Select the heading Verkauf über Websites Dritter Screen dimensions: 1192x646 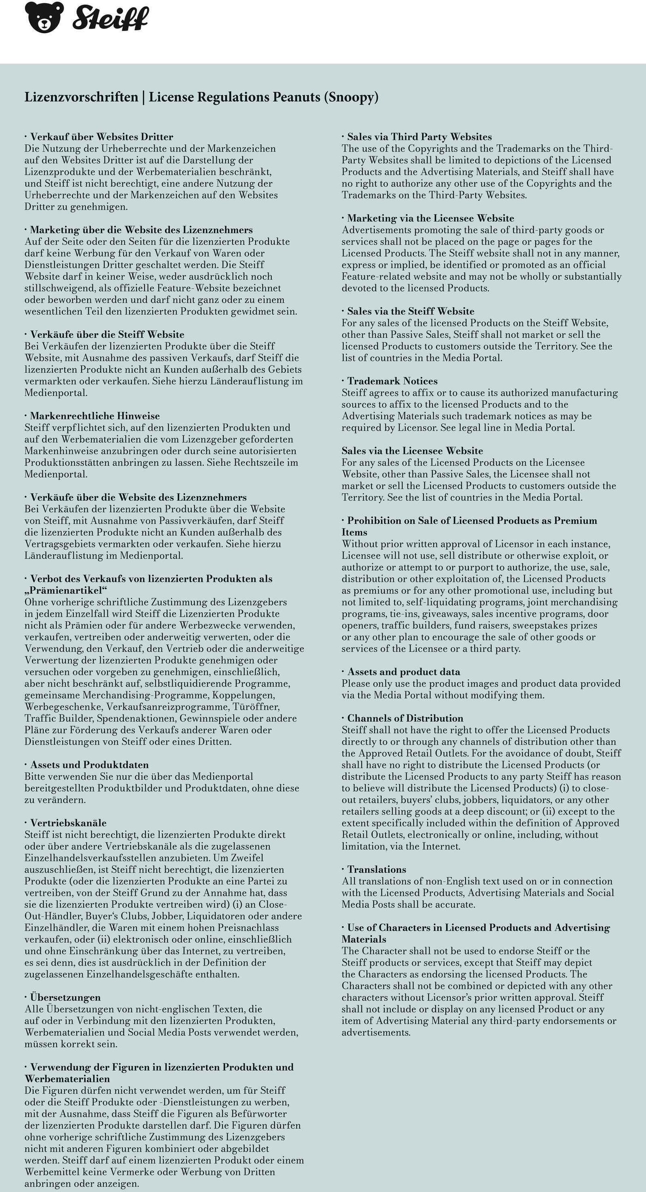pyautogui.click(x=102, y=137)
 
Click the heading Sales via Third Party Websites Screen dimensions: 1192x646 pyautogui.click(x=419, y=137)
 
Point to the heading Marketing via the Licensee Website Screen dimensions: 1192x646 pyautogui.click(x=431, y=218)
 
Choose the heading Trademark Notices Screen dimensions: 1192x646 pyautogui.click(x=392, y=381)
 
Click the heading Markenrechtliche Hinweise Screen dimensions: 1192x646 pyautogui.click(x=95, y=416)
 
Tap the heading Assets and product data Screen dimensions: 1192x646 pyautogui.click(x=403, y=672)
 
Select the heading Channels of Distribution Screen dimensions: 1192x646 pyautogui.click(x=405, y=719)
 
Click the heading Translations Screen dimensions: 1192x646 pyautogui.click(x=377, y=869)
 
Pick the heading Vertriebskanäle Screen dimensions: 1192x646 pyautogui.click(x=68, y=823)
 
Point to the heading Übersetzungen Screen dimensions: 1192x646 pyautogui.click(x=65, y=997)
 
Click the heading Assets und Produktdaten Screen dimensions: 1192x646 pyautogui.click(x=90, y=765)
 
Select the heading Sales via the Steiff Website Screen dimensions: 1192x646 pyautogui.click(x=411, y=311)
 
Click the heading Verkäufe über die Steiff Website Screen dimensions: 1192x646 pyautogui.click(x=107, y=335)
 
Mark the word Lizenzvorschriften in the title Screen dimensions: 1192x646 pyautogui.click(x=82, y=97)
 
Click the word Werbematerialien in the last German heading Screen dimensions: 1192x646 pyautogui.click(x=67, y=1078)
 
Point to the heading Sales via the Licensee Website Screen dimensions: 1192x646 pyautogui.click(x=413, y=451)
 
